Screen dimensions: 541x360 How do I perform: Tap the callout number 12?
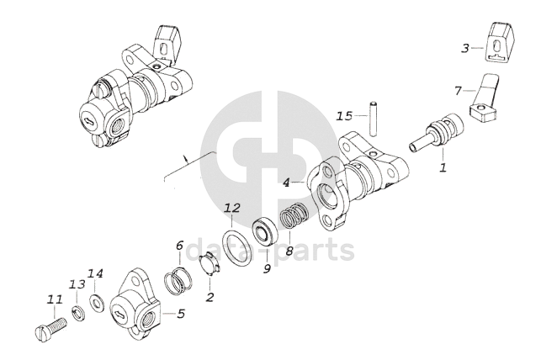232,208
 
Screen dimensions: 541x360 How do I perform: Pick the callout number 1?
443,167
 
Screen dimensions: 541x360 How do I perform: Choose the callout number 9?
267,269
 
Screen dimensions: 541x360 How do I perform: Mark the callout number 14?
96,273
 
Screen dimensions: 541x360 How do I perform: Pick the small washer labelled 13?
77,313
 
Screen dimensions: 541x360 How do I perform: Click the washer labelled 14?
97,302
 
